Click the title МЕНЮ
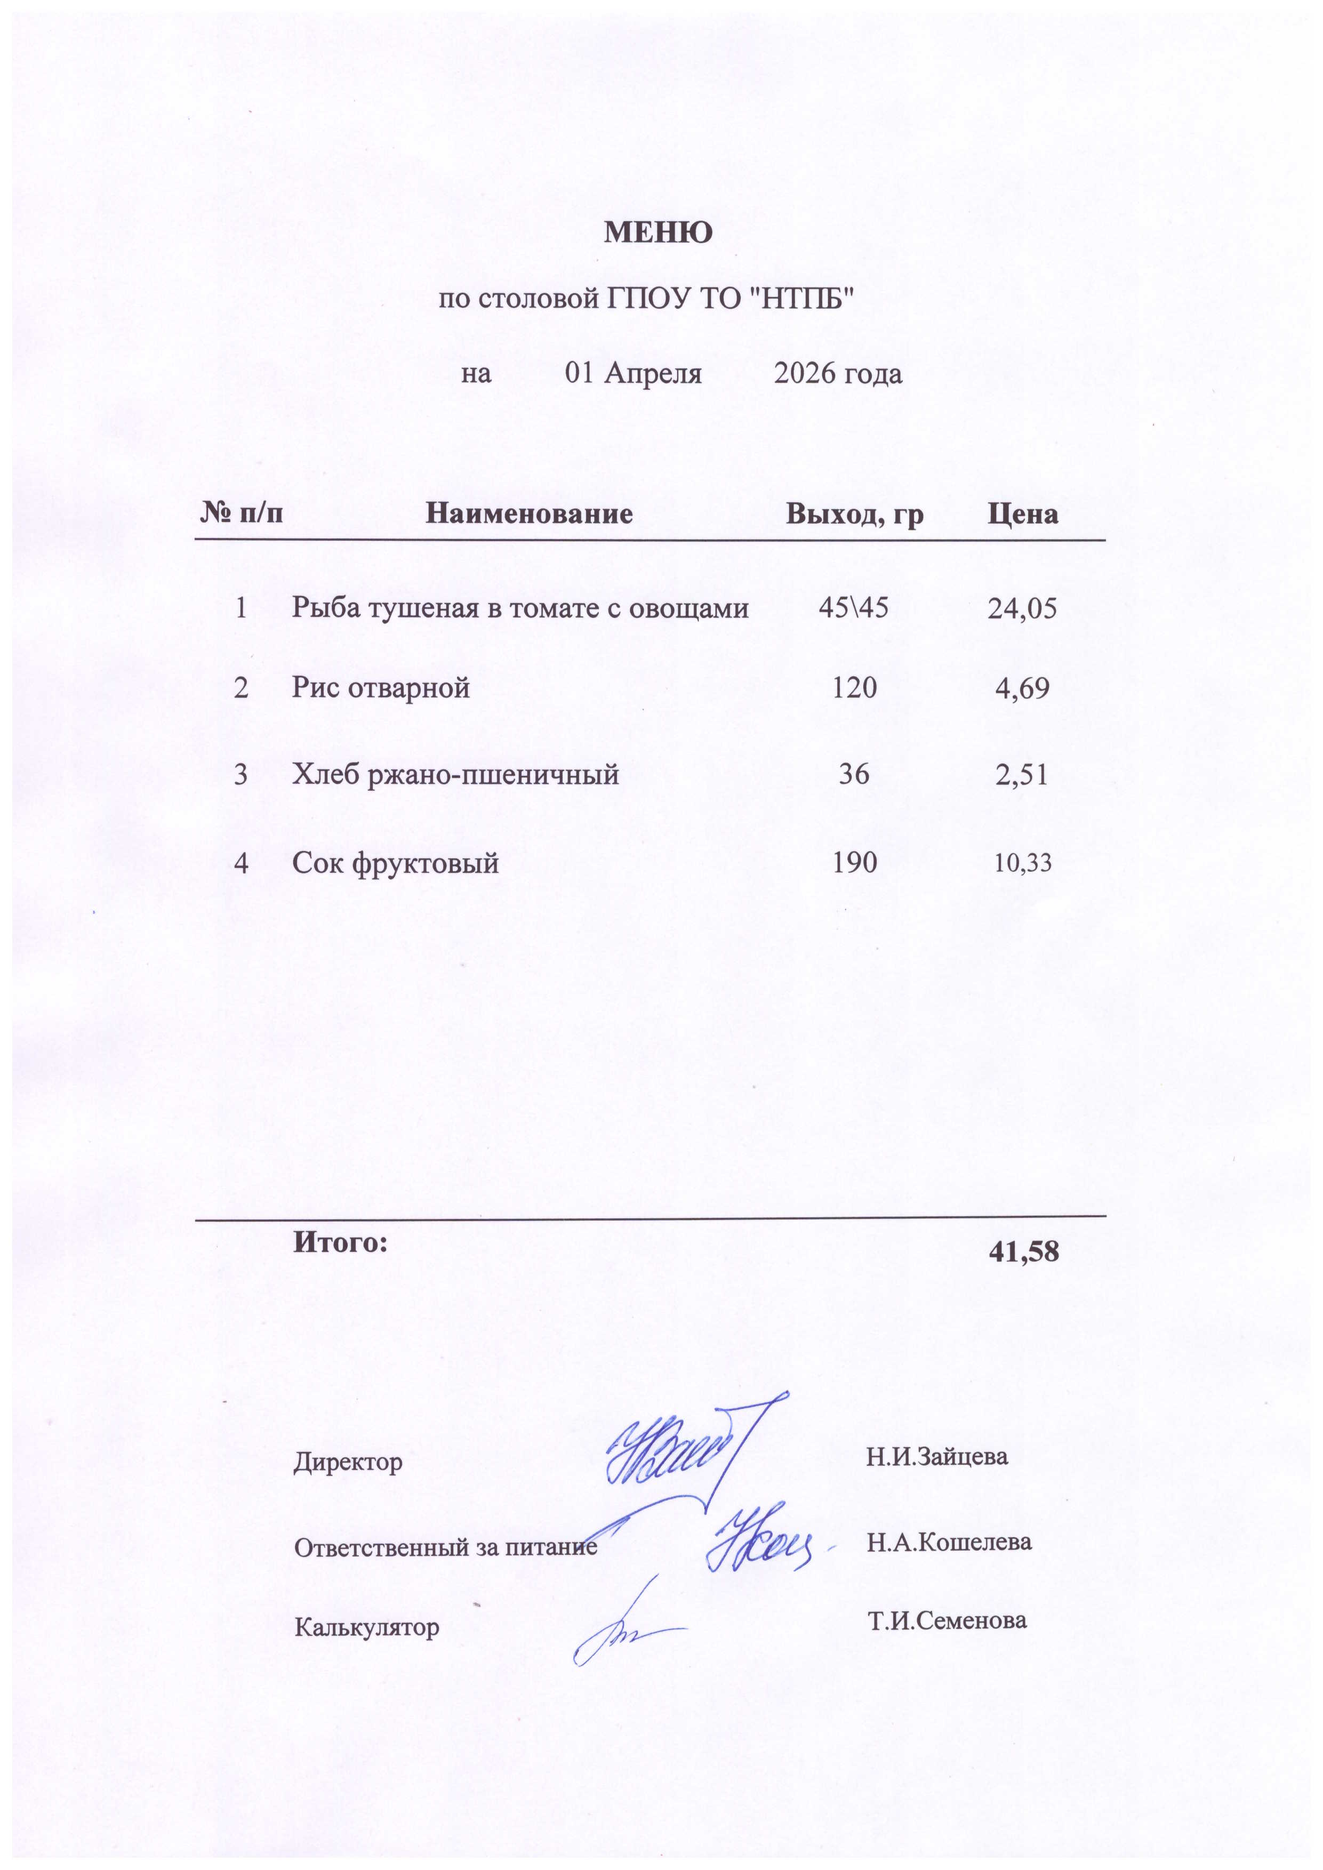coord(658,233)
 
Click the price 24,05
coord(1022,608)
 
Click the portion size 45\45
coord(854,607)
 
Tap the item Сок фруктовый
coord(395,862)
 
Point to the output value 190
coord(854,862)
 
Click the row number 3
coord(240,774)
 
